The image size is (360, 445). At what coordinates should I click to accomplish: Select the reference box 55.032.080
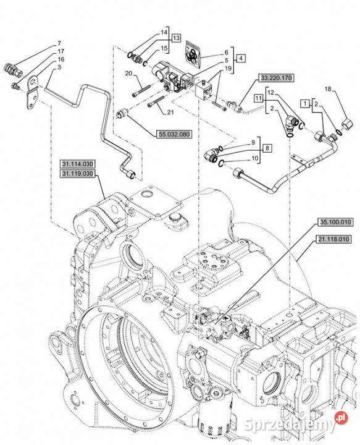click(x=174, y=134)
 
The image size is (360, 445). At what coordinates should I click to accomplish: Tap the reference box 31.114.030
click(x=77, y=164)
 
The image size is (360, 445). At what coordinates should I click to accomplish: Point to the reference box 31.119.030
click(x=77, y=174)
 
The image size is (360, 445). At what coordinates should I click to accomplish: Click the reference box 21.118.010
click(x=333, y=240)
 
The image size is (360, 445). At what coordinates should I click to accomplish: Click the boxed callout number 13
click(x=176, y=38)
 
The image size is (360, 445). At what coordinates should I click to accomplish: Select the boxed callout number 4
click(x=241, y=58)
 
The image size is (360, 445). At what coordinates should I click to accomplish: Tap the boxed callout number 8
click(x=267, y=148)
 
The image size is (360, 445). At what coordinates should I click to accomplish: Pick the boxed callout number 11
click(x=259, y=98)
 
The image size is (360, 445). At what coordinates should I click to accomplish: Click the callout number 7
click(x=59, y=43)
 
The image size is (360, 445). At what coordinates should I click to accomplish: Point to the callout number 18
click(x=328, y=89)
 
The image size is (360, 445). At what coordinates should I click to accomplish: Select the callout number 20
click(x=128, y=74)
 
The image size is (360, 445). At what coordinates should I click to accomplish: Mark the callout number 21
click(x=170, y=112)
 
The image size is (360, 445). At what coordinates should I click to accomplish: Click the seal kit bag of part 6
click(x=193, y=54)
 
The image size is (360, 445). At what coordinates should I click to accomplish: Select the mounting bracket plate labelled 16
click(x=32, y=91)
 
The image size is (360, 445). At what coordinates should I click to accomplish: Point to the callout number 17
click(x=61, y=51)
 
